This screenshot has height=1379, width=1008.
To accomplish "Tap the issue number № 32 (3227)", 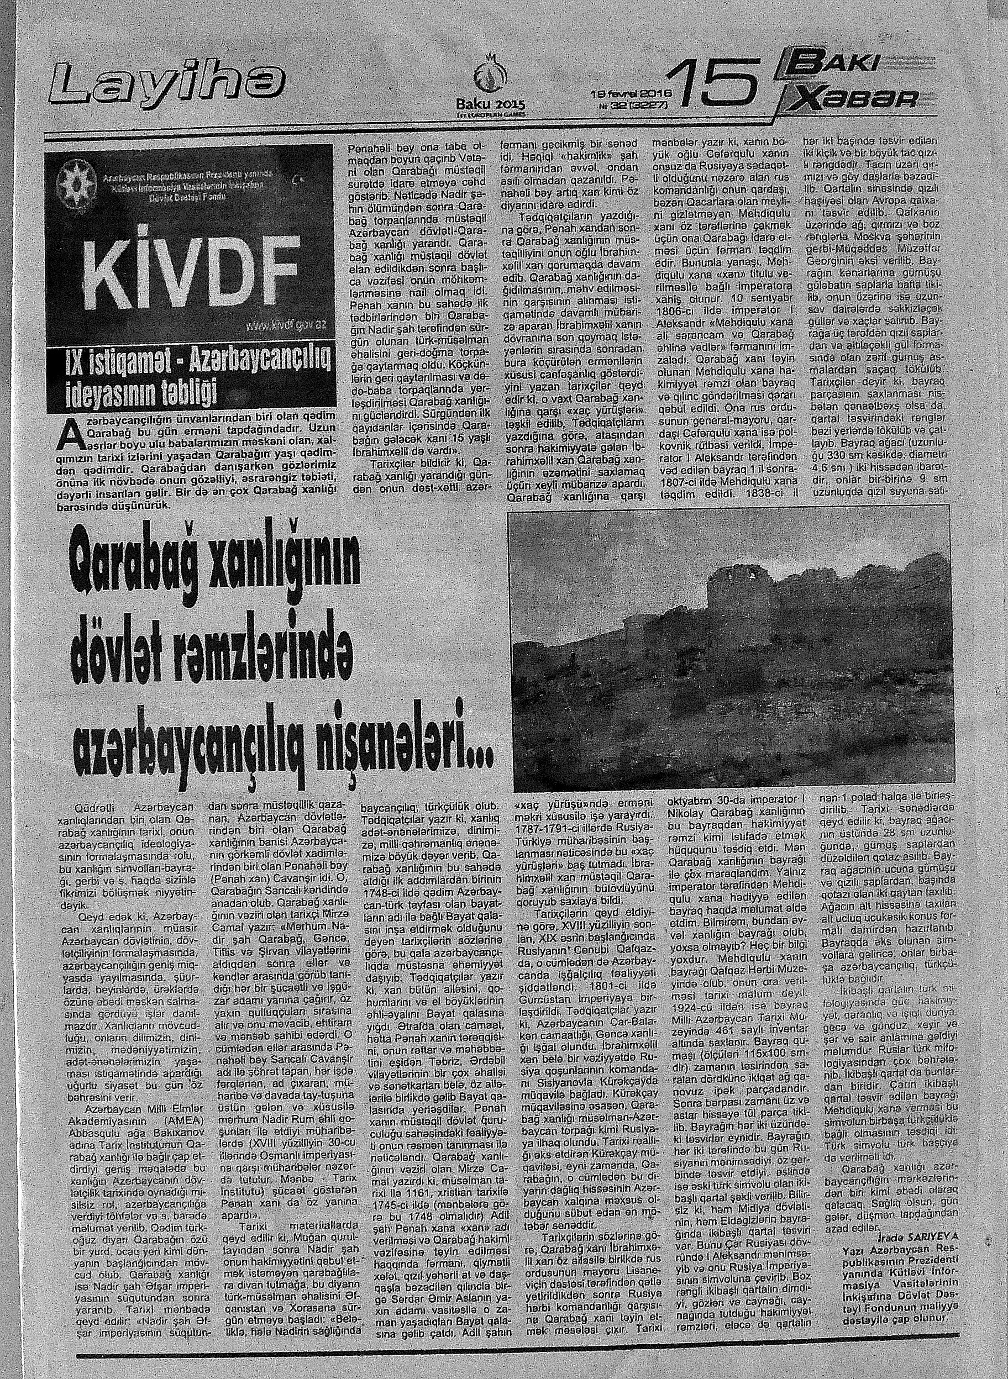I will [634, 105].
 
